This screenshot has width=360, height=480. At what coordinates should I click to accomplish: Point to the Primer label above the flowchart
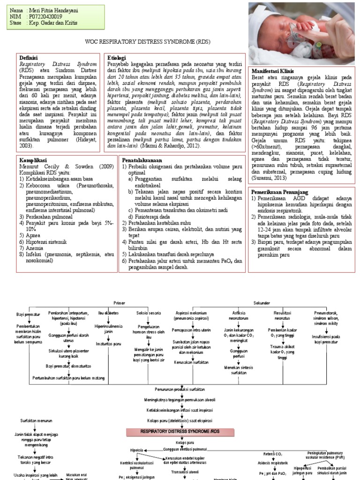coord(120,303)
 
